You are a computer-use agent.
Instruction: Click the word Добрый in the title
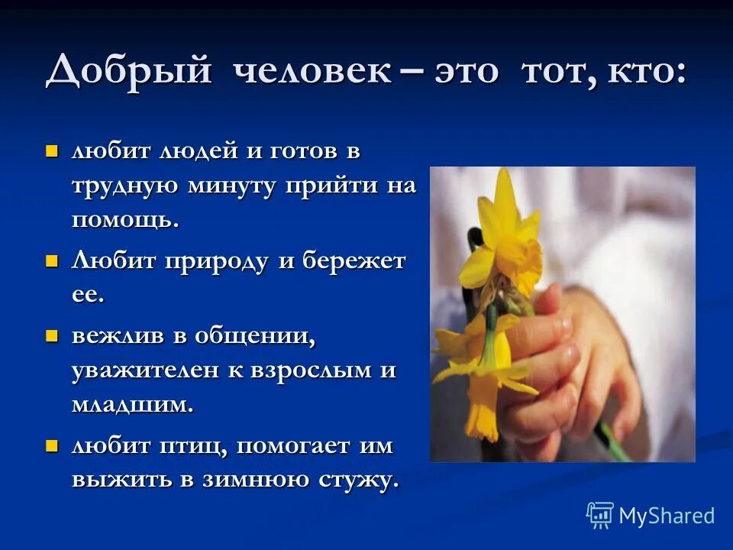click(128, 73)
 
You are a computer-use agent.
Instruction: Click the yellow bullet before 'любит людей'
click(52, 150)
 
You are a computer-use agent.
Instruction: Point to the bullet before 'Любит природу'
click(52, 261)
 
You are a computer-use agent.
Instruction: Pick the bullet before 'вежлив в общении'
click(52, 335)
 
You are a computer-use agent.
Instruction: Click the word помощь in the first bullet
click(125, 222)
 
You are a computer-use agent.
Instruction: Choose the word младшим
click(133, 405)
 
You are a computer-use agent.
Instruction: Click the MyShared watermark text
click(667, 516)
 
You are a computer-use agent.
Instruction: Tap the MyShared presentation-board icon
click(599, 515)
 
